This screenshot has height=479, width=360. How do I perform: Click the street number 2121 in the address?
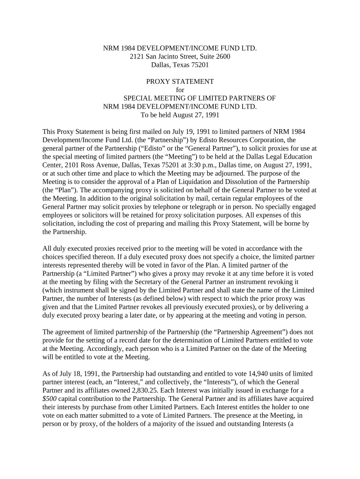[137, 57]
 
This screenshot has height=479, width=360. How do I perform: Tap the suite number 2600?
[220, 57]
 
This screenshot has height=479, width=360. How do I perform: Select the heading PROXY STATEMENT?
[180, 81]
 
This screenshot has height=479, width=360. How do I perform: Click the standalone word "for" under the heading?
[180, 90]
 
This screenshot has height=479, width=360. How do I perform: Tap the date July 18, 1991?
[70, 374]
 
